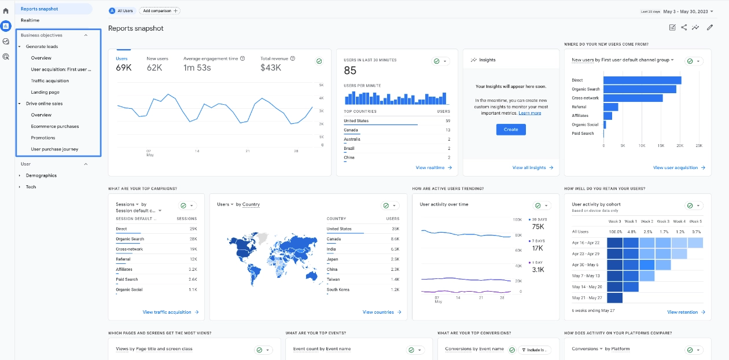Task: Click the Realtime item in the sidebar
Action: pyautogui.click(x=30, y=20)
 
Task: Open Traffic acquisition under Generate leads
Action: pyautogui.click(x=50, y=81)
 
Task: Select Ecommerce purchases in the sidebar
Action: pyautogui.click(x=55, y=126)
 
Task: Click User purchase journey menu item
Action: pyautogui.click(x=54, y=149)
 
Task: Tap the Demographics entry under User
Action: pyautogui.click(x=41, y=175)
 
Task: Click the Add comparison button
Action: pyautogui.click(x=160, y=11)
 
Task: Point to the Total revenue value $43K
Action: pyautogui.click(x=271, y=68)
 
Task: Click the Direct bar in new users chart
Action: pyautogui.click(x=642, y=80)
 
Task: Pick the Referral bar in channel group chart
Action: pyautogui.click(x=610, y=107)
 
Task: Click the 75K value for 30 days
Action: pyautogui.click(x=537, y=227)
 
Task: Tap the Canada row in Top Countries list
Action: pyautogui.click(x=351, y=130)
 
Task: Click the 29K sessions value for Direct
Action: pyautogui.click(x=192, y=229)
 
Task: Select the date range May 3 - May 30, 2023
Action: pyautogui.click(x=688, y=11)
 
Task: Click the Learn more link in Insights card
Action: pyautogui.click(x=530, y=113)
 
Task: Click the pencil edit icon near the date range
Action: pyautogui.click(x=710, y=27)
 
